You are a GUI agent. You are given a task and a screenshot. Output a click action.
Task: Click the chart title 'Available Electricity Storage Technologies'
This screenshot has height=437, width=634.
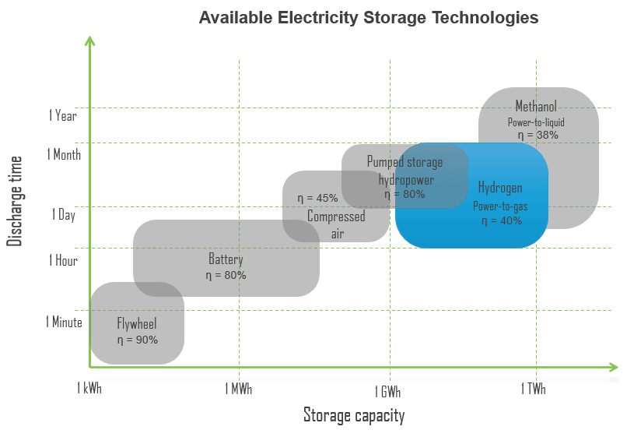(x=369, y=18)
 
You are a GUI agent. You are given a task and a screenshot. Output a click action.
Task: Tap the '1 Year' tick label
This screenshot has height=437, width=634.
(x=63, y=115)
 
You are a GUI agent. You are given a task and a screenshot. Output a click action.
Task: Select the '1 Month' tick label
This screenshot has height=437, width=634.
(x=64, y=154)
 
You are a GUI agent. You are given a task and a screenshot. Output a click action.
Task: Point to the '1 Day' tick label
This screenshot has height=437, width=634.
(x=64, y=215)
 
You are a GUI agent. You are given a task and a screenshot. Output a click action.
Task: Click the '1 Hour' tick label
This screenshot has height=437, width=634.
(x=63, y=260)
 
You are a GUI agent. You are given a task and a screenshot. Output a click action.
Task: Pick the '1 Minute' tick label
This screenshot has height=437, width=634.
(x=64, y=322)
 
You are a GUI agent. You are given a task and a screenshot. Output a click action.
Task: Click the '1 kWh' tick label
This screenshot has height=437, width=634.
(x=89, y=388)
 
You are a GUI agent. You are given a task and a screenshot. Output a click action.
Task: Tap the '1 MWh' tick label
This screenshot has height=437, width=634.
(x=239, y=389)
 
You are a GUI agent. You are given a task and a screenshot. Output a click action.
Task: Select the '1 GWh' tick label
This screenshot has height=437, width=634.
(x=387, y=392)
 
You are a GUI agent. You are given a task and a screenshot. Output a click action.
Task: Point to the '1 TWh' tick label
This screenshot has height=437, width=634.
(x=534, y=389)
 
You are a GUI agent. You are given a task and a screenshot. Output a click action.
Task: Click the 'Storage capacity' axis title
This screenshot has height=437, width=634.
(x=354, y=415)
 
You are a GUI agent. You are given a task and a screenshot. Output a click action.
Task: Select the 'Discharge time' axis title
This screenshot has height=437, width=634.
(x=15, y=201)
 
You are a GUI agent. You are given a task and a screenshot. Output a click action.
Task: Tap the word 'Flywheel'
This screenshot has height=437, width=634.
(x=137, y=323)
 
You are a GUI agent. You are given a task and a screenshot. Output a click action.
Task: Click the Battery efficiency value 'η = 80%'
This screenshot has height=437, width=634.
(x=226, y=276)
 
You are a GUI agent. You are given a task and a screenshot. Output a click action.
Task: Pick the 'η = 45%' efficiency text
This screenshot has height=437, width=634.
(x=318, y=198)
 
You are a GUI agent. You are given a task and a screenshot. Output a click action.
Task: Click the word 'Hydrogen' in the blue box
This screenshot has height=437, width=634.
(x=500, y=188)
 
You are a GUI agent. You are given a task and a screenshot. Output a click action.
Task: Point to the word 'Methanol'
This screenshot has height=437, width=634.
(x=536, y=106)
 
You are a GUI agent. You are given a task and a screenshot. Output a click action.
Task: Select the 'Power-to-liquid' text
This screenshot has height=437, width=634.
(x=536, y=122)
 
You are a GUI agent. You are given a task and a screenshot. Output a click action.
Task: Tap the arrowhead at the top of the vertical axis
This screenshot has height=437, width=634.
(x=90, y=41)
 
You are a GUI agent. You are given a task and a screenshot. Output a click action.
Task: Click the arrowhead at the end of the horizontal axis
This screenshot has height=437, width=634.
(x=614, y=367)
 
